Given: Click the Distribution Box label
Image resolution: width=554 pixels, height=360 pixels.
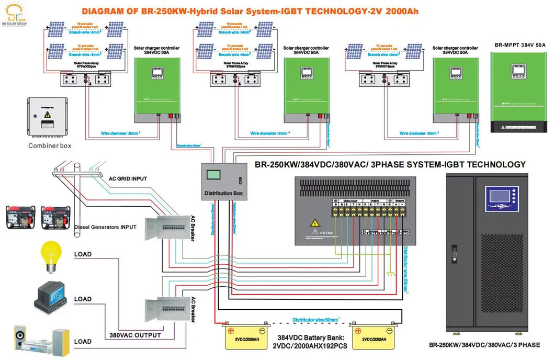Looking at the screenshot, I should pyautogui.click(x=223, y=194).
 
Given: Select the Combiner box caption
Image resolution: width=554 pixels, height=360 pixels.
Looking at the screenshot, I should pyautogui.click(x=50, y=146).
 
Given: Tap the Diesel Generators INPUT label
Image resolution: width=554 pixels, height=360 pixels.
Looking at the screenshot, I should pyautogui.click(x=105, y=227).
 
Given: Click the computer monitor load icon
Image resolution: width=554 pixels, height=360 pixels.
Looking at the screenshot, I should pyautogui.click(x=51, y=299).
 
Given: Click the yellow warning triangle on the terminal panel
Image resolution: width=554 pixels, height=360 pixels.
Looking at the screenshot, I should pyautogui.click(x=315, y=223).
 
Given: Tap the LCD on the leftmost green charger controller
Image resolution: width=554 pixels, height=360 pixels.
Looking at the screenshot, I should pyautogui.click(x=156, y=76).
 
